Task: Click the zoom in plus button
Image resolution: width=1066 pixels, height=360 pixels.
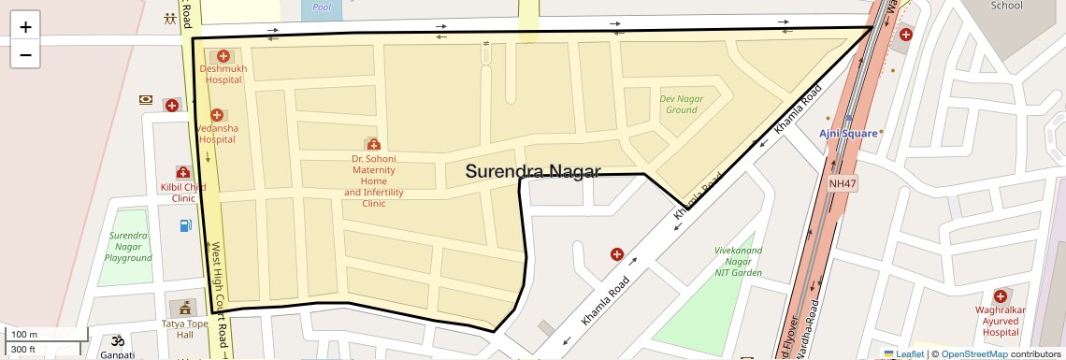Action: click(x=25, y=27)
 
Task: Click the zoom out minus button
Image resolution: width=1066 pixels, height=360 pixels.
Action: click(x=25, y=55)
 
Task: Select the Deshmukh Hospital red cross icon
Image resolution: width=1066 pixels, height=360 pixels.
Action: click(x=223, y=56)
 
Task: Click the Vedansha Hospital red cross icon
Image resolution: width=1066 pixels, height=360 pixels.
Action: click(x=218, y=115)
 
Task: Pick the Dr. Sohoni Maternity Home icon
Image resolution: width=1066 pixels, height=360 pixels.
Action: click(x=373, y=144)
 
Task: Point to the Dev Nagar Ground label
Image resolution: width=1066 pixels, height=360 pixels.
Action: click(x=681, y=104)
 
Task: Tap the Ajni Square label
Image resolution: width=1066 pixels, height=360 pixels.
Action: click(x=848, y=133)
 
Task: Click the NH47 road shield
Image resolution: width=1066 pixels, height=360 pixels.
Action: click(x=843, y=184)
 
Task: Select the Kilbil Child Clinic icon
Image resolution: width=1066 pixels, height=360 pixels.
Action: click(x=182, y=172)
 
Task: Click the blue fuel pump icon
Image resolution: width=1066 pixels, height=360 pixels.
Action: click(x=185, y=225)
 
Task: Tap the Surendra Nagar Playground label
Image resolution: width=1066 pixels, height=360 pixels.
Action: click(x=128, y=247)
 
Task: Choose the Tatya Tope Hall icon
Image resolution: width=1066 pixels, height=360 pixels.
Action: click(x=183, y=307)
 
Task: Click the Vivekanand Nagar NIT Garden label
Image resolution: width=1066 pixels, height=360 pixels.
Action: click(x=738, y=262)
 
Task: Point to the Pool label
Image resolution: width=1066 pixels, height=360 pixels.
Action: click(x=322, y=7)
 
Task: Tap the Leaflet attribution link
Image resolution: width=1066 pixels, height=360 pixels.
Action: click(x=903, y=353)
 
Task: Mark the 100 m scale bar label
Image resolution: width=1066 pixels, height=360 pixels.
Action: click(x=24, y=335)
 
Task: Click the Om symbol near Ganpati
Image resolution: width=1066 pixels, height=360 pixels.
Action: click(x=118, y=341)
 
